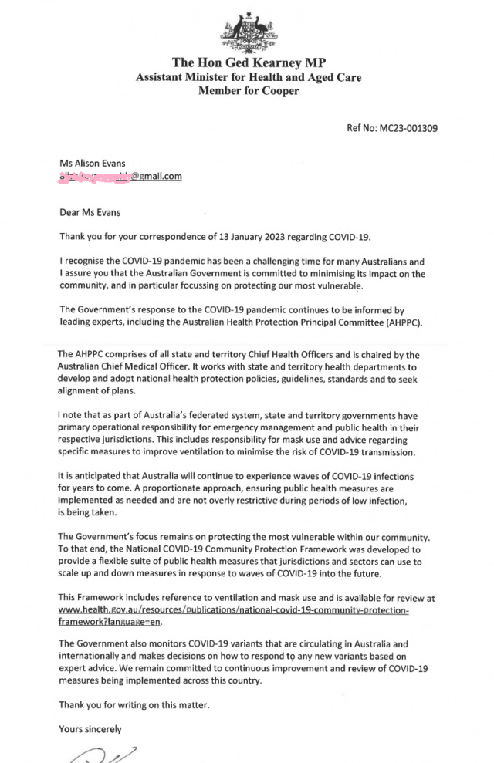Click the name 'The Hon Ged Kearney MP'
tap(248, 62)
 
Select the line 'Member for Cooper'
tap(248, 91)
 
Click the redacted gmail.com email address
tap(120, 176)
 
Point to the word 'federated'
tap(210, 415)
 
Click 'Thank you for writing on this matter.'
tap(134, 704)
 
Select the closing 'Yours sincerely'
tap(90, 728)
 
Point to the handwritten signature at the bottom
tap(104, 755)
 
